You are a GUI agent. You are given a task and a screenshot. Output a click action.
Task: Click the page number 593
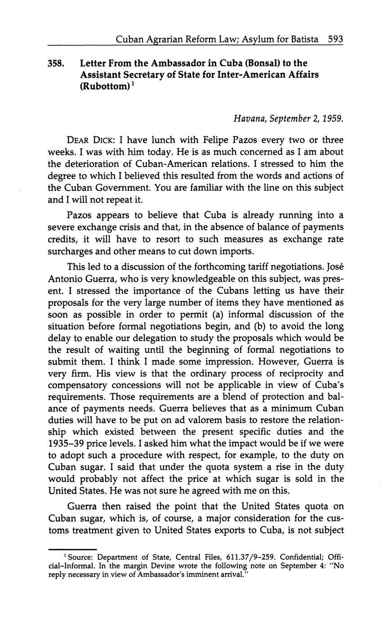click(335, 39)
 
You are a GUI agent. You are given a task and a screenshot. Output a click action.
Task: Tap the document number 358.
click(56, 63)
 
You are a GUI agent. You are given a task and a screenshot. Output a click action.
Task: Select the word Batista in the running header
click(304, 39)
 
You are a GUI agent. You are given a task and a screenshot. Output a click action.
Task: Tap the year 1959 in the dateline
click(332, 119)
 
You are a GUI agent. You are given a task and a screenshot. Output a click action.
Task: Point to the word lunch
click(156, 140)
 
